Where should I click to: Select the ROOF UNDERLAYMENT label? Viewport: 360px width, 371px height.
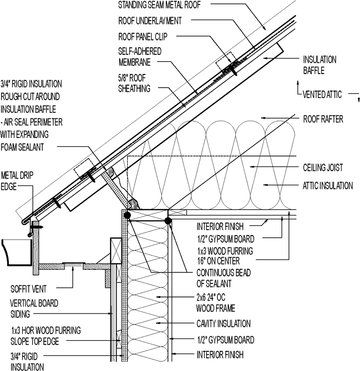point(149,21)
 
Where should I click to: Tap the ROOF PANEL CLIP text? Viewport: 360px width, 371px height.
point(143,37)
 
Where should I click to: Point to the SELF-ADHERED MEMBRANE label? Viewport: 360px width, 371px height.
point(135,57)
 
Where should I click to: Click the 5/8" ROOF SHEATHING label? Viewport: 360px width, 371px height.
point(134,83)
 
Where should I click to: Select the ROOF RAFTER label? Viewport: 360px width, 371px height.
point(323,119)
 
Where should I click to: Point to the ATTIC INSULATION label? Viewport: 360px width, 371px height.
point(327,186)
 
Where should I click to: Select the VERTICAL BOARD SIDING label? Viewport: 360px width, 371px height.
point(34,309)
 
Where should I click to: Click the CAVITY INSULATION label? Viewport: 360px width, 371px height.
point(223,324)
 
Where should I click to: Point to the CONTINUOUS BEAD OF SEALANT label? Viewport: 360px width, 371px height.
point(223,277)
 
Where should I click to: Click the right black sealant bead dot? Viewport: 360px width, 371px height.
point(168,220)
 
